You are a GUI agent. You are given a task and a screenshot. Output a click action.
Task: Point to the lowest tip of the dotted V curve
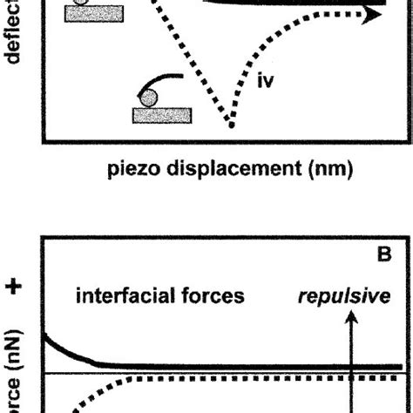pyautogui.click(x=231, y=125)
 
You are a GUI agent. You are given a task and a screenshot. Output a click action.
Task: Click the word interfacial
pyautogui.click(x=121, y=296)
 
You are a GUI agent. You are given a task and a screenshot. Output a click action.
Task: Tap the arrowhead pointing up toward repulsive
pyautogui.click(x=351, y=320)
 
